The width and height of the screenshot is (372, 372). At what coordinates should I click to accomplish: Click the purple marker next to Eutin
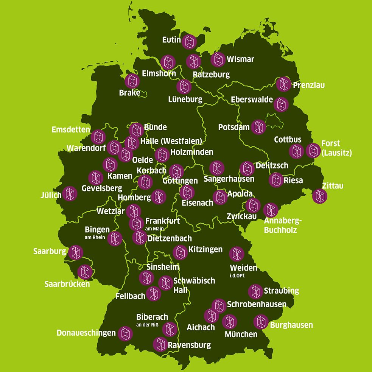coord(189,41)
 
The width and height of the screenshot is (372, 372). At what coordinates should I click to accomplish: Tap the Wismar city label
coord(240,59)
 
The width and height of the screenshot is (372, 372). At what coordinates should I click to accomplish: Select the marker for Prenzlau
coord(283,84)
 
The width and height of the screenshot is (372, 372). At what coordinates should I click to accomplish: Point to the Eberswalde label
coord(252,100)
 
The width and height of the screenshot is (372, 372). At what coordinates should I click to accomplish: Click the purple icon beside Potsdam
coord(258,127)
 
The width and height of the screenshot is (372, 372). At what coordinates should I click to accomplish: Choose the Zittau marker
coord(320,196)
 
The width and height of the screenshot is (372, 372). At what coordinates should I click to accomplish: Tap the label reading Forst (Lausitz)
coord(336,148)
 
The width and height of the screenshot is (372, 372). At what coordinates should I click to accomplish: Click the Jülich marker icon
coord(70,194)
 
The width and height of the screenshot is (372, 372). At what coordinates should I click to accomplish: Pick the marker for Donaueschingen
coord(125,333)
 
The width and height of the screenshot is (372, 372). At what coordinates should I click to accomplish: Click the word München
coord(241,334)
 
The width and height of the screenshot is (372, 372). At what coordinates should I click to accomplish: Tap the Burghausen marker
coord(261,322)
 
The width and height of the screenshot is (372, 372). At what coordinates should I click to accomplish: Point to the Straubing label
coord(281,291)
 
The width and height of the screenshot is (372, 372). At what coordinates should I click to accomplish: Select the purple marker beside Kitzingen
coord(180,252)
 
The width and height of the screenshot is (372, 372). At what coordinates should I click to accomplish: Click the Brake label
coord(129,93)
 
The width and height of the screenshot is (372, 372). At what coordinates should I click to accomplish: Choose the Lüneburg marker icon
coord(184,87)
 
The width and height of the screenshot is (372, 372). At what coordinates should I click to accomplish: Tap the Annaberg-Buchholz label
coord(280,225)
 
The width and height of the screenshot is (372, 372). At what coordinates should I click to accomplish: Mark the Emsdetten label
coord(71,130)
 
